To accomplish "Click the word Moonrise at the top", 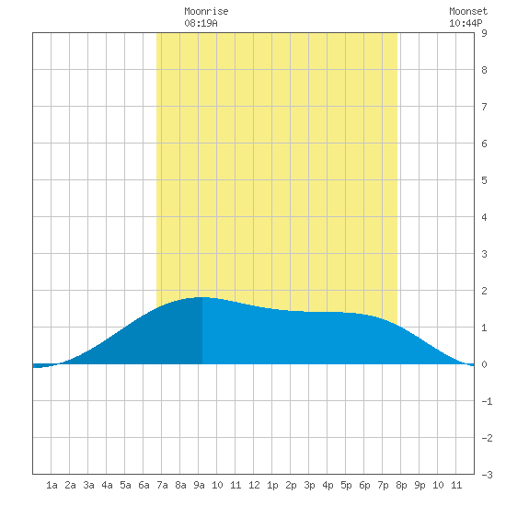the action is (206, 11).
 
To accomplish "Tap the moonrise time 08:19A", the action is (201, 23).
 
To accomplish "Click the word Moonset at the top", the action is (468, 11).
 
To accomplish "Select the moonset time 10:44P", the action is (466, 23).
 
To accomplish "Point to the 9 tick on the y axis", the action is (484, 33).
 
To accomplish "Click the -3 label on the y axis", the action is (487, 475).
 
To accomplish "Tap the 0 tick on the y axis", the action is (484, 364).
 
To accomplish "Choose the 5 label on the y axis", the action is (484, 180).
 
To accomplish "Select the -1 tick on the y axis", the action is (487, 401).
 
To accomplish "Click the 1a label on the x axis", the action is (52, 485).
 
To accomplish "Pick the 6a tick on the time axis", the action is (144, 485).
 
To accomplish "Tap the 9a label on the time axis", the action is (199, 485).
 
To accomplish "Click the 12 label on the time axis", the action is (254, 485).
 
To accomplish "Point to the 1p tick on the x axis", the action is (272, 485).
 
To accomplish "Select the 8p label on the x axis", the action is (401, 485).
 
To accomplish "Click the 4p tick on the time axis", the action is (328, 485).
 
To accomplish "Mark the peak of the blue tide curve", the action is (202, 297).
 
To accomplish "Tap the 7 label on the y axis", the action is (484, 107).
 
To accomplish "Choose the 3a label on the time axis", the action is (88, 485).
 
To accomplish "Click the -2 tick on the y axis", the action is (487, 438).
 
